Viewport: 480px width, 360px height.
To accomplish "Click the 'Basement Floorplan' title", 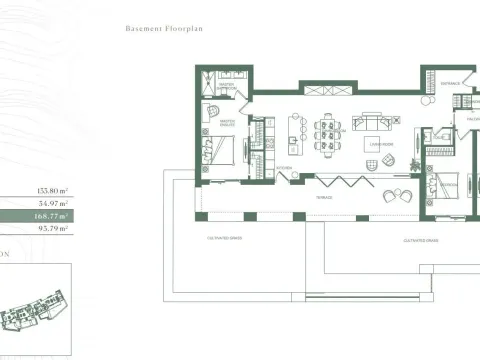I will (x=164, y=30).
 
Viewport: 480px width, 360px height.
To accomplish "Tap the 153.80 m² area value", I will (x=51, y=188).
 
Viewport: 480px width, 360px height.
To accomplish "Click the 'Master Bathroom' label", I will (x=228, y=86).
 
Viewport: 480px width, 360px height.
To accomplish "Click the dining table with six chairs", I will (x=329, y=130).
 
